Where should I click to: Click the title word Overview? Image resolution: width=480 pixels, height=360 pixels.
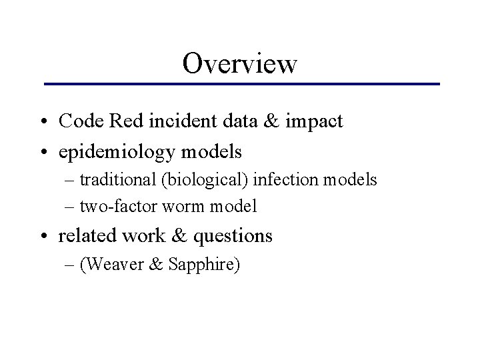pyautogui.click(x=240, y=63)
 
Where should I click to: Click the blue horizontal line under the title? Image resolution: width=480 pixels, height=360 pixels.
pyautogui.click(x=241, y=84)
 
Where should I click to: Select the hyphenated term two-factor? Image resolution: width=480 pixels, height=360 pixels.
pyautogui.click(x=117, y=207)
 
